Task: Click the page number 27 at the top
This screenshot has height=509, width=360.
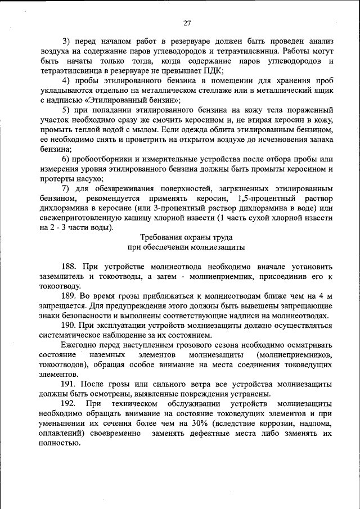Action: point(187,23)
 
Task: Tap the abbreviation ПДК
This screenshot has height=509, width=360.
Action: point(213,70)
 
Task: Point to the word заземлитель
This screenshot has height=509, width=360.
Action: point(63,277)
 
